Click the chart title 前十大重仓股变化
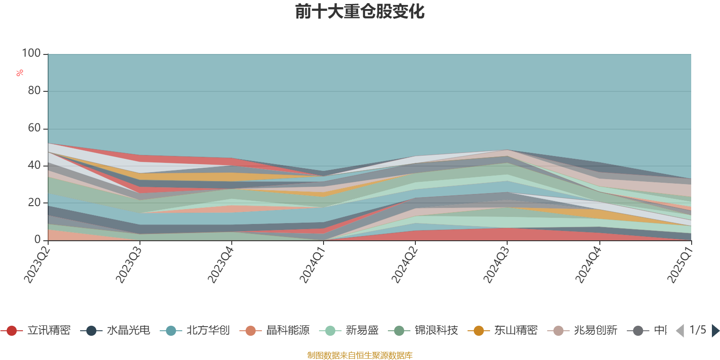pyautogui.click(x=360, y=12)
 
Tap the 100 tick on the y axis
pyautogui.click(x=31, y=54)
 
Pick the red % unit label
pyautogui.click(x=19, y=73)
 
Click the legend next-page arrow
pyautogui.click(x=715, y=331)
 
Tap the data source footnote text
pyautogui.click(x=360, y=355)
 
